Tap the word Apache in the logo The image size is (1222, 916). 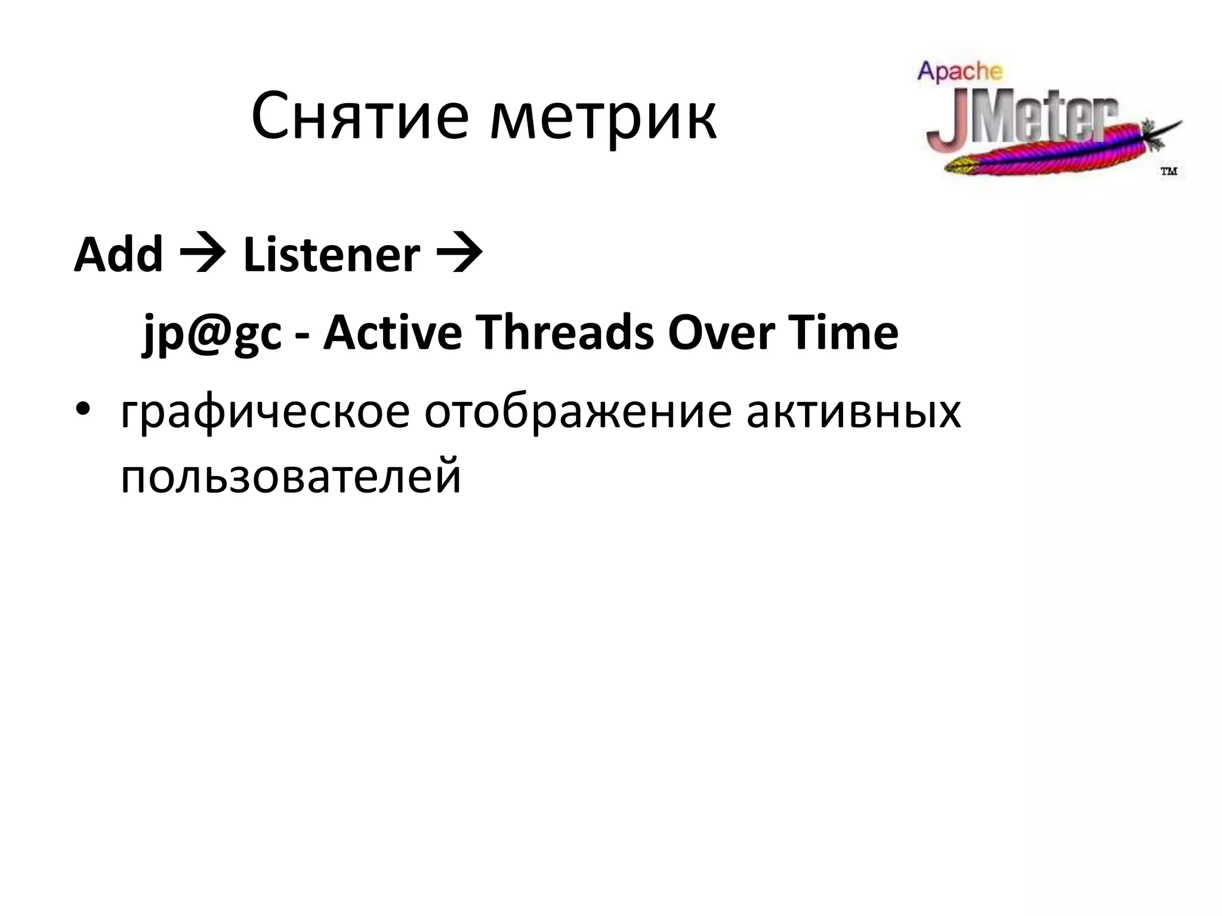(x=959, y=72)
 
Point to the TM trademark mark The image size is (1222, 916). (x=1168, y=172)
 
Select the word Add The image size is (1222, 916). (x=118, y=255)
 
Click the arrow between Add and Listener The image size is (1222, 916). (x=203, y=255)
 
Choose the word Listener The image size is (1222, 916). (x=331, y=255)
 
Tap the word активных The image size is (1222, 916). (x=853, y=413)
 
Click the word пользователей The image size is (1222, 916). (x=291, y=477)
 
